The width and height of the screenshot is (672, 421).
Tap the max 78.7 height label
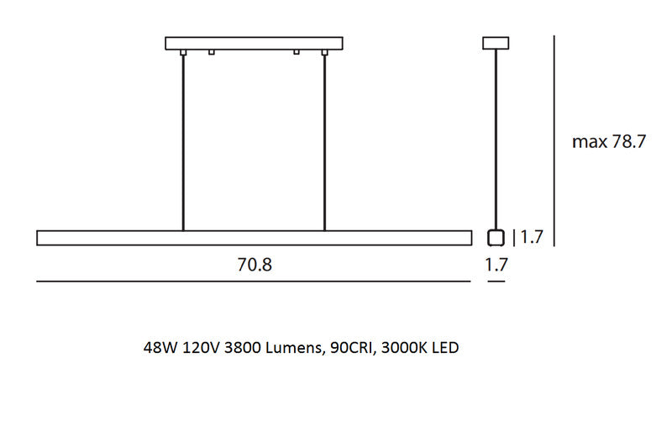[608, 142]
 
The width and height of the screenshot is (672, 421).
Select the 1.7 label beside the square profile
[532, 237]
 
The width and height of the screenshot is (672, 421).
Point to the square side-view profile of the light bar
[496, 237]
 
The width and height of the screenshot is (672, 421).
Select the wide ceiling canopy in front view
[254, 44]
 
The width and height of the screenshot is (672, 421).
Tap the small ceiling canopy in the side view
[496, 43]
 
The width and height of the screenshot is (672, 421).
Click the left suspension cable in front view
[183, 143]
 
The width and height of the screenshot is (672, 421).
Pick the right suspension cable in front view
[324, 143]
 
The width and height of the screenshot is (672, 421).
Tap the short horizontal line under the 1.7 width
[496, 282]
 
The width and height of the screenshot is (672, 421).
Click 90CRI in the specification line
[348, 346]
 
